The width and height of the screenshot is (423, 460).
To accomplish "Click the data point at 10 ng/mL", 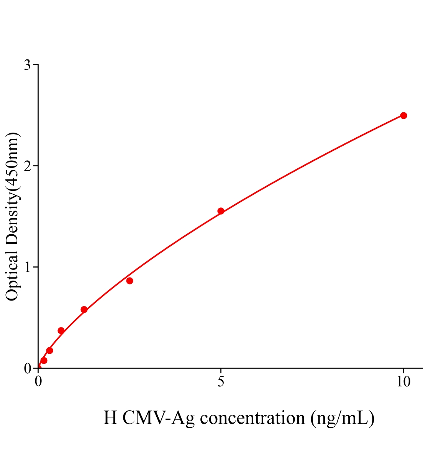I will point(403,115).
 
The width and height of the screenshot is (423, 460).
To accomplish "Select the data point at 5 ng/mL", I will point(221,211).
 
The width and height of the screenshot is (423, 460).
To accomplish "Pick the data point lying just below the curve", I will point(130,281).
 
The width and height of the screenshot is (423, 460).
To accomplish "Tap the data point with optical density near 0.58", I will point(84,309).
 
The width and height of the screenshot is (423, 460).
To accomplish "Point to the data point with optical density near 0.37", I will point(61,330).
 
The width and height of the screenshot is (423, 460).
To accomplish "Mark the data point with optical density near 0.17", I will point(49,350).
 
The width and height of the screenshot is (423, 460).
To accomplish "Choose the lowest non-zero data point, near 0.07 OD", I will point(44,360).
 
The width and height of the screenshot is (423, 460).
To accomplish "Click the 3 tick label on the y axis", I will point(27,65).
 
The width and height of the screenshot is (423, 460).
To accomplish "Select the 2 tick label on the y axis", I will point(27,166).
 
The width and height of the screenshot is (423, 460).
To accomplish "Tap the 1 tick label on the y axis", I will point(27,267).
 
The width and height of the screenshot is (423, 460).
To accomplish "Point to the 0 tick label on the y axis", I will point(27,368).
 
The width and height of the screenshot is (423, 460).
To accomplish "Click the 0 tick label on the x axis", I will point(38,382).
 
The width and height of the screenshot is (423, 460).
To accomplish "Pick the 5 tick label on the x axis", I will point(221,382).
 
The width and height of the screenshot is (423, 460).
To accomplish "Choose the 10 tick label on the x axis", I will point(403,382).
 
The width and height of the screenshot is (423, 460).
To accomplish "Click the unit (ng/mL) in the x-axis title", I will point(343,418).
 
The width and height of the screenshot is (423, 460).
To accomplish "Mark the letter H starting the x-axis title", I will point(110,418).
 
